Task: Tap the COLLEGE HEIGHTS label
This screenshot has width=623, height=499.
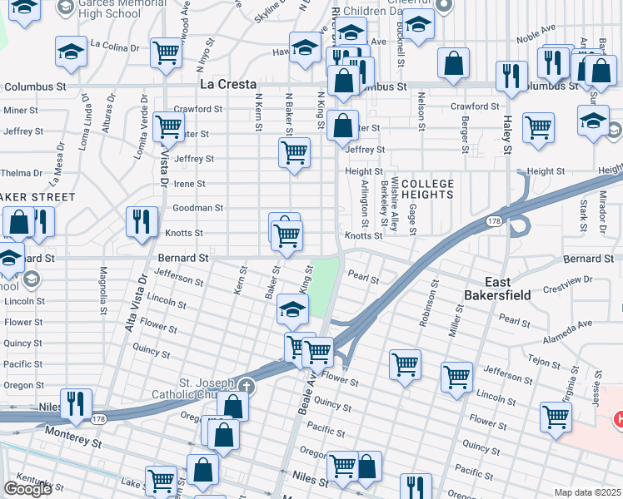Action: (x=427, y=189)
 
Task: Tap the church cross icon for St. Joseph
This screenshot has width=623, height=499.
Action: (x=246, y=387)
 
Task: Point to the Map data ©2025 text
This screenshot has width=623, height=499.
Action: (x=588, y=492)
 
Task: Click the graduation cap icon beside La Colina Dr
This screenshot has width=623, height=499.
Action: (x=72, y=52)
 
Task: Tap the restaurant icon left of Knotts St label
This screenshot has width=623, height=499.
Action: (x=141, y=222)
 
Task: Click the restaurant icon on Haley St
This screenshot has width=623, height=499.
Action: (x=511, y=76)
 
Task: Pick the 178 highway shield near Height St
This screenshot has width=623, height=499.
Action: (x=495, y=221)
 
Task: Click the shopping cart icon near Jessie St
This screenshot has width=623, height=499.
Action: (x=556, y=417)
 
